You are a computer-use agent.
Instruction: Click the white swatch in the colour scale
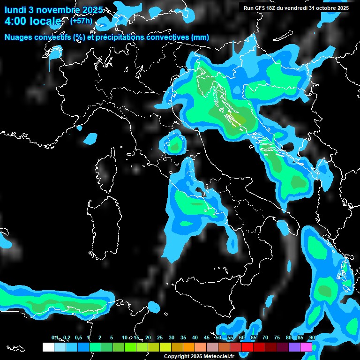48,347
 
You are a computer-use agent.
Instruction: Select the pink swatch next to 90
306,347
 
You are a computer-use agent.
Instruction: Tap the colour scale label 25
160,337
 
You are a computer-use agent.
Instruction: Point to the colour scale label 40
195,337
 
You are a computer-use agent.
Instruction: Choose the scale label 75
277,337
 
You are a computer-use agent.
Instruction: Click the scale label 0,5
78,337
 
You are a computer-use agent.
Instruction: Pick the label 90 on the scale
312,337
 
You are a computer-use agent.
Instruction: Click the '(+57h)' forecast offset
81,21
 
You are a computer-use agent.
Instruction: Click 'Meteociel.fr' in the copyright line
220,356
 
